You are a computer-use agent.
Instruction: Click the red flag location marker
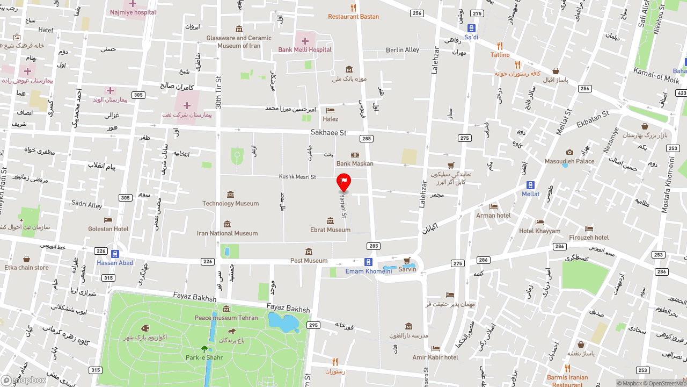[x=343, y=182]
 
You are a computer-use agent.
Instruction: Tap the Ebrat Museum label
[x=330, y=230]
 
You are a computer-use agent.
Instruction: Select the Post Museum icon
[x=309, y=252]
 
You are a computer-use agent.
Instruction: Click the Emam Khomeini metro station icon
[x=368, y=262]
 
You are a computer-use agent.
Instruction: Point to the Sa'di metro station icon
[x=471, y=28]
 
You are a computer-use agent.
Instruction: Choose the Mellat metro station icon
[x=531, y=185]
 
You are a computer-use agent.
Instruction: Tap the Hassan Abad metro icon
[x=115, y=254]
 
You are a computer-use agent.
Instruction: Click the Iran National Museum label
[x=227, y=233]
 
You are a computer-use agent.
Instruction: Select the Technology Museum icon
[x=230, y=194]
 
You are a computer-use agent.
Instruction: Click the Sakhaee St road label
[x=328, y=132]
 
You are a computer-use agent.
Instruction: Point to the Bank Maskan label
[x=355, y=163]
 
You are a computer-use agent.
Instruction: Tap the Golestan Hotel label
[x=108, y=229]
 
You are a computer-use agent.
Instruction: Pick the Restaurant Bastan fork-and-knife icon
[x=353, y=8]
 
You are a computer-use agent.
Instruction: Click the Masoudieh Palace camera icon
[x=569, y=152]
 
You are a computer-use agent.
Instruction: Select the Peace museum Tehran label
[x=226, y=318]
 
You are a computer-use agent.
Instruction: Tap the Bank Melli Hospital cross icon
[x=305, y=41]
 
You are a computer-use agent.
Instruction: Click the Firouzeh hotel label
[x=589, y=238]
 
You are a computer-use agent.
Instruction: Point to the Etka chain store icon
[x=26, y=259]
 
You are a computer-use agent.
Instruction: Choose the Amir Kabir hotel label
[x=435, y=357]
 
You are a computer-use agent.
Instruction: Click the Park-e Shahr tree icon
[x=204, y=349]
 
